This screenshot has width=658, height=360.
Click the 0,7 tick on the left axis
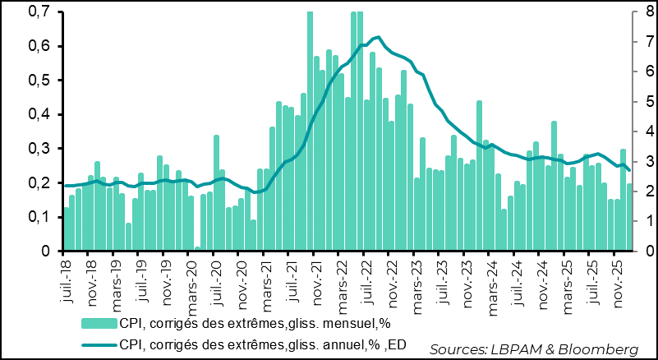35,12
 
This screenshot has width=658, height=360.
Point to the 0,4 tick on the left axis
35,114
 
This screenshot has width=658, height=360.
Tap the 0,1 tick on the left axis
35,217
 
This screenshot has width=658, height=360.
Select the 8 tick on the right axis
643,12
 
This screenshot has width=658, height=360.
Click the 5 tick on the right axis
643,102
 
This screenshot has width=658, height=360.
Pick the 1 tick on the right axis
643,221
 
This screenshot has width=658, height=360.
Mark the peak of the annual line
377,37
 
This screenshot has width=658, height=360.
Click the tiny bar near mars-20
198,248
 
